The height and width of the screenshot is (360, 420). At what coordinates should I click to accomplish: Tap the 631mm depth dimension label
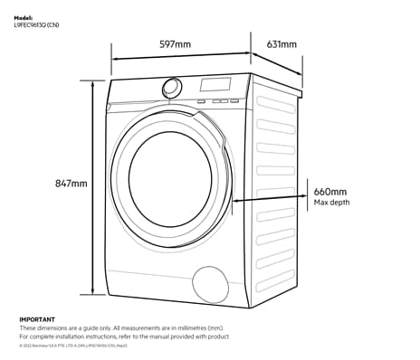click(281, 44)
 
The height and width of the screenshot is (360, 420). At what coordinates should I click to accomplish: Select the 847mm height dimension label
click(71, 184)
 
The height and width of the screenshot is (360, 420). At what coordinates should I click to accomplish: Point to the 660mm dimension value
click(330, 192)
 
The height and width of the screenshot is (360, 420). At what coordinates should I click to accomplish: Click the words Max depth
click(332, 203)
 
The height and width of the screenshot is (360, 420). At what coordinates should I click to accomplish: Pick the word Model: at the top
click(24, 17)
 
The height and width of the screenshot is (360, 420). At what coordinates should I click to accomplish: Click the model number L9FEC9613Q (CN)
click(37, 24)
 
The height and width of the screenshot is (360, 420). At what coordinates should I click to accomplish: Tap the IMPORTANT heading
click(37, 319)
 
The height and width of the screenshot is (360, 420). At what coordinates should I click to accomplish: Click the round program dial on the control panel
click(171, 88)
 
